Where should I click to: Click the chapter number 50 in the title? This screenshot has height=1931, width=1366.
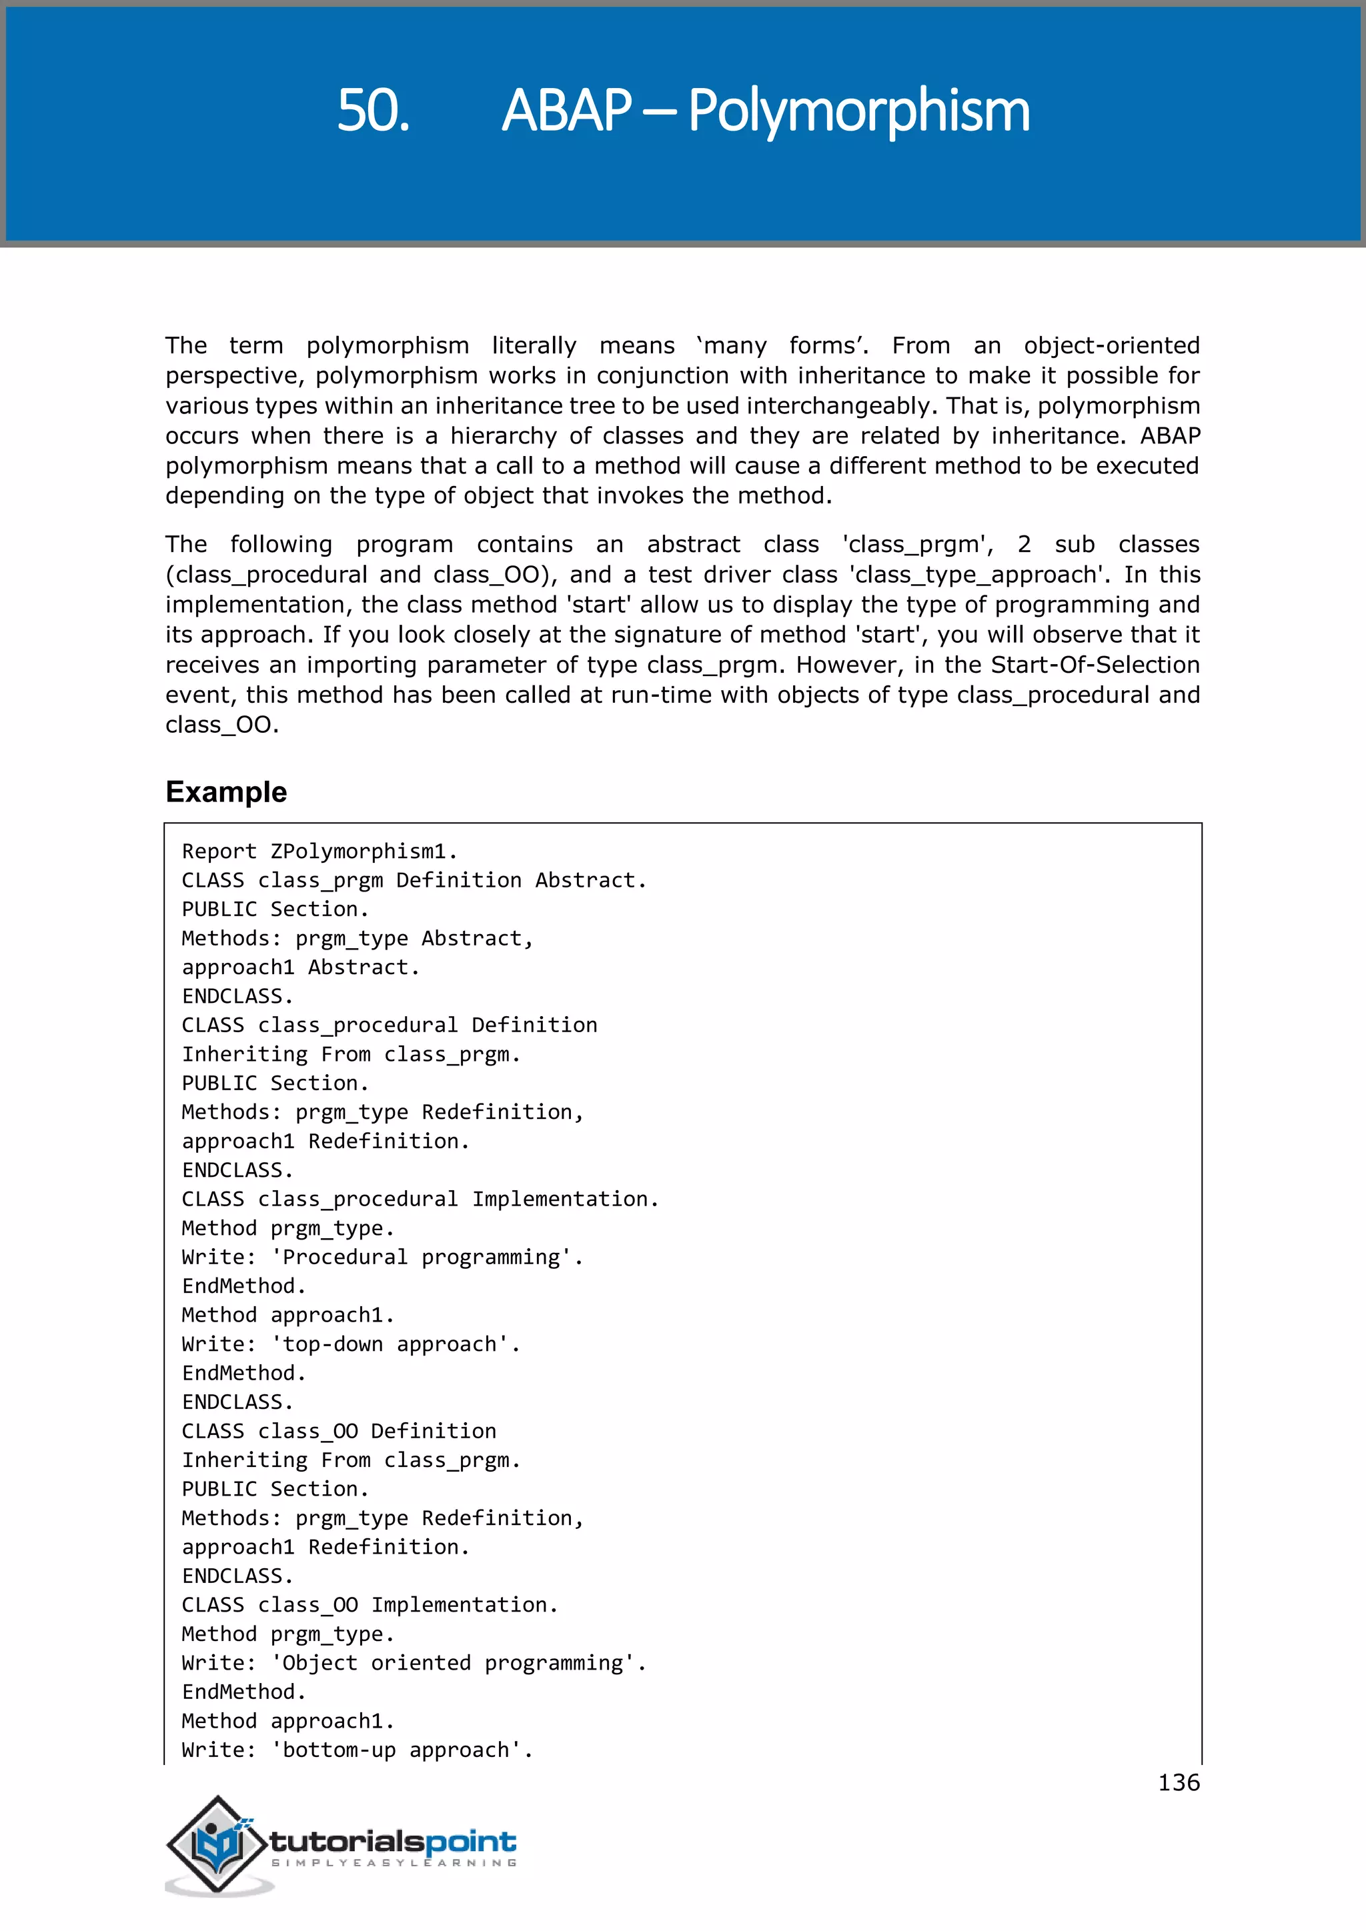(373, 110)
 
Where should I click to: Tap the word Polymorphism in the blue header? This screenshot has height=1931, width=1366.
(859, 110)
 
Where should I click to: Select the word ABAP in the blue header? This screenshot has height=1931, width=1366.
(566, 110)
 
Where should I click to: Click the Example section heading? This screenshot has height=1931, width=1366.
(226, 791)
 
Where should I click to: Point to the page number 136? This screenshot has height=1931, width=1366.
(1179, 1782)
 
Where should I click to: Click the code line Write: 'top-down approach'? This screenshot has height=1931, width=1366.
(351, 1344)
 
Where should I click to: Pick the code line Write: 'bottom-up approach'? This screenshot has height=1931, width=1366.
(358, 1750)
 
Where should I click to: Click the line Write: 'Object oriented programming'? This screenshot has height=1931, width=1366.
(414, 1663)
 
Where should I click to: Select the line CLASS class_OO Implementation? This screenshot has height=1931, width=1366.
(370, 1605)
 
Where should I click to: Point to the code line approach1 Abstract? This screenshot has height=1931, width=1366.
(300, 968)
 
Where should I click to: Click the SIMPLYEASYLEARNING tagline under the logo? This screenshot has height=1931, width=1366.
(394, 1863)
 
